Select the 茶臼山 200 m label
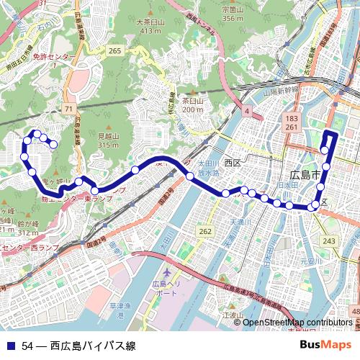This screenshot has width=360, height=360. point(192,106)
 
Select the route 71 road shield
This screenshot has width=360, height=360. point(69,108)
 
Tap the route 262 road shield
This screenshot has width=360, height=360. point(205,231)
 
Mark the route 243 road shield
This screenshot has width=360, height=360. point(330,240)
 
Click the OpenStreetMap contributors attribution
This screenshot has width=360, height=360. point(296,322)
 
